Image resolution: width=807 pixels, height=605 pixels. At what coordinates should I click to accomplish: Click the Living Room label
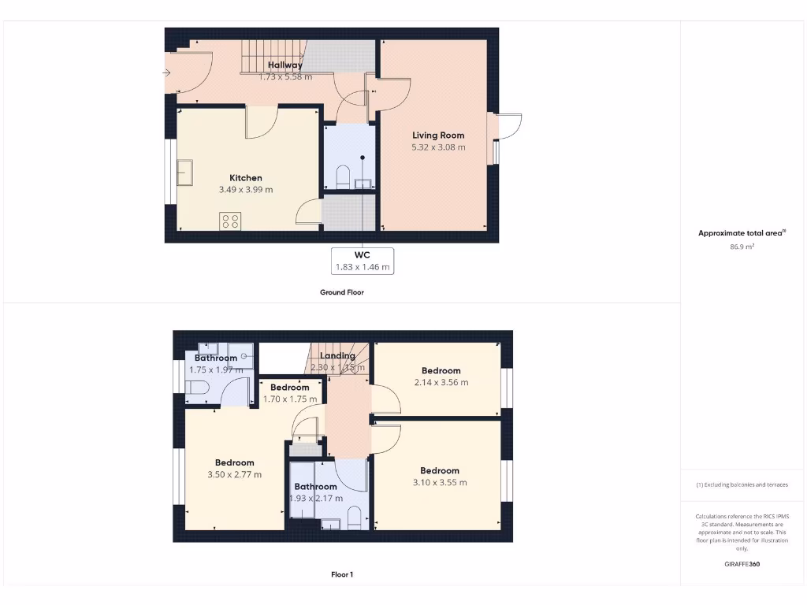pos(438,135)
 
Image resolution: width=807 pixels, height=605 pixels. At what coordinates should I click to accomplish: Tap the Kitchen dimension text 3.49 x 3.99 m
pos(246,190)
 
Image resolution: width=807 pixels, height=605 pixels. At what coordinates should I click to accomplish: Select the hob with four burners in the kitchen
pos(230,221)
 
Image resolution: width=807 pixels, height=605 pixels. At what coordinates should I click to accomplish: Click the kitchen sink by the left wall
pos(185,172)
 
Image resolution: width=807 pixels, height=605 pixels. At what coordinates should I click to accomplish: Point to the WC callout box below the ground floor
pos(363,261)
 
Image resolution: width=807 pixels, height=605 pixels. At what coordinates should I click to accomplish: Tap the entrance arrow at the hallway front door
pos(166,73)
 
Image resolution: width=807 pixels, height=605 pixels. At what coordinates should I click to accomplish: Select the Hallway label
pos(284,65)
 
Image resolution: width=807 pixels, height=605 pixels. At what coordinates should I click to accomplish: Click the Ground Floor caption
pos(342,292)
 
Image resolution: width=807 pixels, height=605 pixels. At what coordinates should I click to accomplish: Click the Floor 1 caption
pos(342,575)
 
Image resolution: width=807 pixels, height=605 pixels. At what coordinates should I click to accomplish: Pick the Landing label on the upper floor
pos(337,356)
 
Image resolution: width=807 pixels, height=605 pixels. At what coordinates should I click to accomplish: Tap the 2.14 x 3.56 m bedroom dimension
pos(441,383)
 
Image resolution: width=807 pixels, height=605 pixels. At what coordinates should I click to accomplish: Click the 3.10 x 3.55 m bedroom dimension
pos(440,483)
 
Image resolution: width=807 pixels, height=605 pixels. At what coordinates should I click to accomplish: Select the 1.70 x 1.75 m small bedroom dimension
pos(290,399)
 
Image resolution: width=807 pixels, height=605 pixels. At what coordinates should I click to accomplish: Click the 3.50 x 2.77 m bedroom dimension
pos(234,475)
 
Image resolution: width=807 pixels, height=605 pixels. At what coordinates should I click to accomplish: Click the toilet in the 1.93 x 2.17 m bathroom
pos(354,518)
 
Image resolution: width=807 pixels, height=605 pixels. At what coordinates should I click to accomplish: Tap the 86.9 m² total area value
pos(742,247)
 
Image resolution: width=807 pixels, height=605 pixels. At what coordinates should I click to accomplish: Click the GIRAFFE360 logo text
pos(742,564)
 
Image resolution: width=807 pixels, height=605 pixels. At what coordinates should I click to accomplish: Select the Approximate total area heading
pos(742,233)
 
